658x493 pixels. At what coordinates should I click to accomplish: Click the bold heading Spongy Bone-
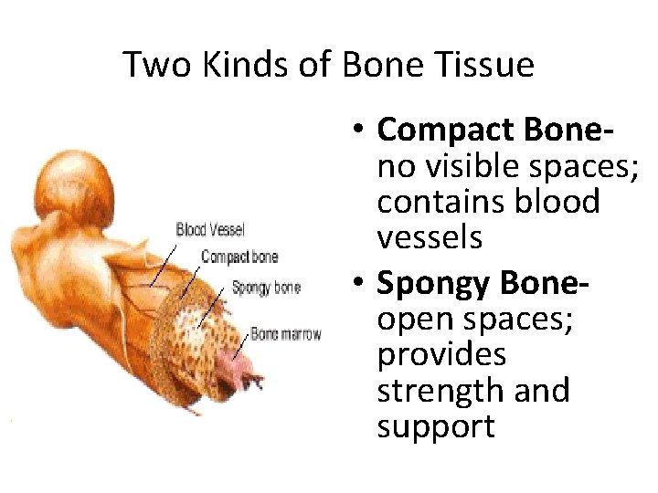483,284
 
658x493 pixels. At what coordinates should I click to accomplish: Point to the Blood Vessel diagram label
210,228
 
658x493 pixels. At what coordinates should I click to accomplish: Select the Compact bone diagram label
239,257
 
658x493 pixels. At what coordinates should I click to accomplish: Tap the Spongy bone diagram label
266,288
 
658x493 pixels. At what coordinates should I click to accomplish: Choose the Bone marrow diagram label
285,334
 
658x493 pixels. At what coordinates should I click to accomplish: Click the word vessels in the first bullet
429,237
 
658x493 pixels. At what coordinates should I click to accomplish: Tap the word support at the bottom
436,425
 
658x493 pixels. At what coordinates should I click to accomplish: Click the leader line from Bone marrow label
240,345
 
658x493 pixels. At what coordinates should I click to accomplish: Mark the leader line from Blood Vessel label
164,260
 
